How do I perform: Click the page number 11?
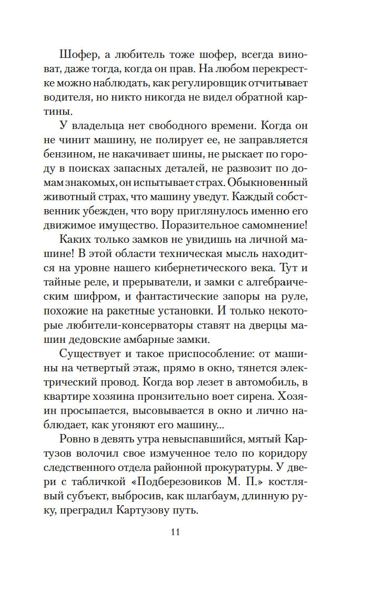[x=176, y=532]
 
